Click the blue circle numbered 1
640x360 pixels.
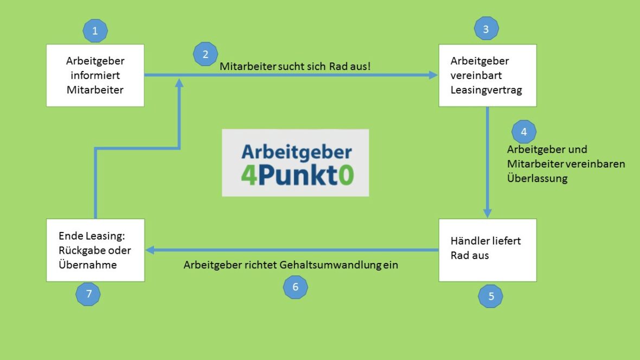click(x=95, y=31)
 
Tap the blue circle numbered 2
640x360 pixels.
click(x=205, y=54)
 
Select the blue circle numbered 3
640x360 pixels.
click(x=486, y=29)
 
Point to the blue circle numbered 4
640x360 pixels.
click(x=523, y=132)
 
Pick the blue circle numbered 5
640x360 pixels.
click(x=491, y=296)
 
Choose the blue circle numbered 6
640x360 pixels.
click(x=296, y=287)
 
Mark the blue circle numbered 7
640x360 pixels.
click(x=88, y=294)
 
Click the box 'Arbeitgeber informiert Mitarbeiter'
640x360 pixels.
click(x=95, y=75)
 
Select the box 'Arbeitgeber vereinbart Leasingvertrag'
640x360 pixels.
click(x=487, y=75)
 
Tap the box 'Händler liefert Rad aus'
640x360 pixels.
click(x=487, y=250)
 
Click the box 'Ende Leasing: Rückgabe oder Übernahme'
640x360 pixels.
click(x=95, y=250)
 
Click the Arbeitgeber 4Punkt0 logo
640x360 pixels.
click(x=295, y=163)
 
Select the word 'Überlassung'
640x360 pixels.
click(x=537, y=178)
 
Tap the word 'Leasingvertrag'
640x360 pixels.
click(x=486, y=90)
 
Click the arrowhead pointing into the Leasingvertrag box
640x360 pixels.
click(x=433, y=75)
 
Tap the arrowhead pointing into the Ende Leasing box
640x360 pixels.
click(x=150, y=250)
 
